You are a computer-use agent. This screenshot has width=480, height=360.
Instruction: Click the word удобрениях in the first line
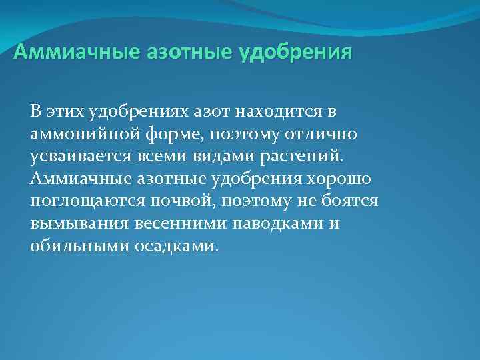(x=141, y=112)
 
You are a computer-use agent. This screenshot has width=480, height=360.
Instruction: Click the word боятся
(x=348, y=201)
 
